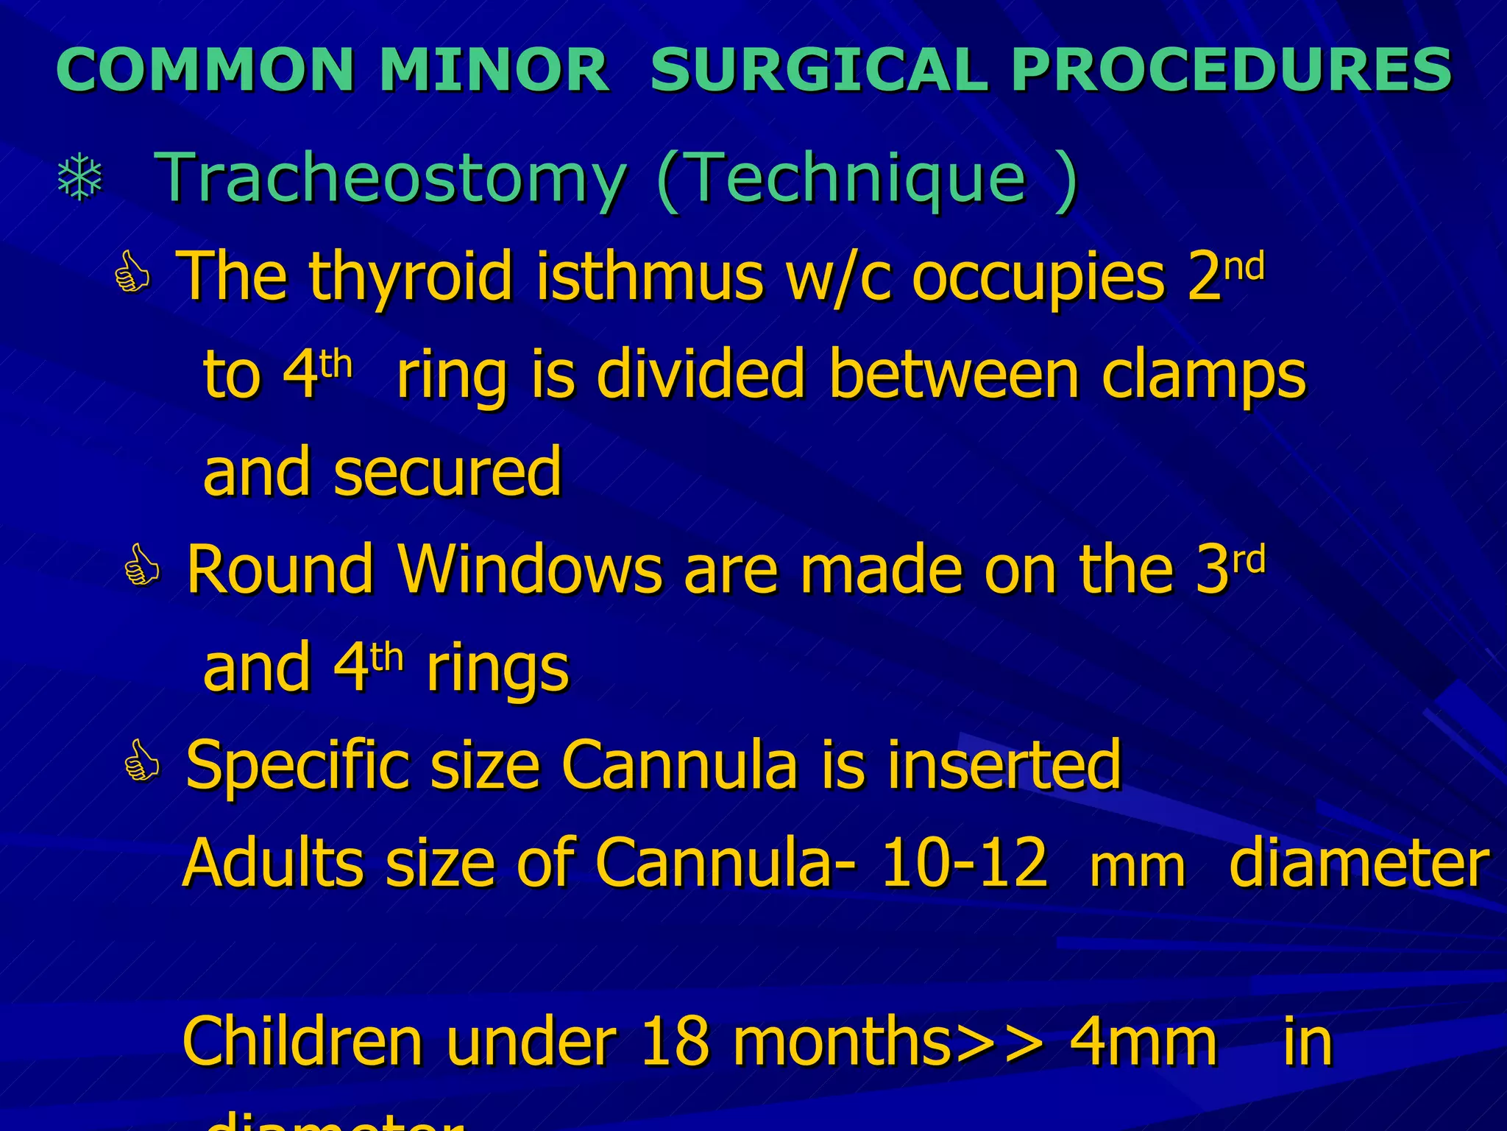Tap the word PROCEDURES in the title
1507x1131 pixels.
coord(1232,70)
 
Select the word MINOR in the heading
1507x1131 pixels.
coord(494,70)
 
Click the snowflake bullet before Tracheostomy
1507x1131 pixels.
coord(79,177)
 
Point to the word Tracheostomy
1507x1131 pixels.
coord(391,177)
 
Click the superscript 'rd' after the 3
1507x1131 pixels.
coord(1249,561)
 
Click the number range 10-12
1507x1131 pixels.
coord(963,864)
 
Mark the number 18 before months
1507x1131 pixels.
coord(675,1041)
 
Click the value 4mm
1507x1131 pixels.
coord(1143,1041)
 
